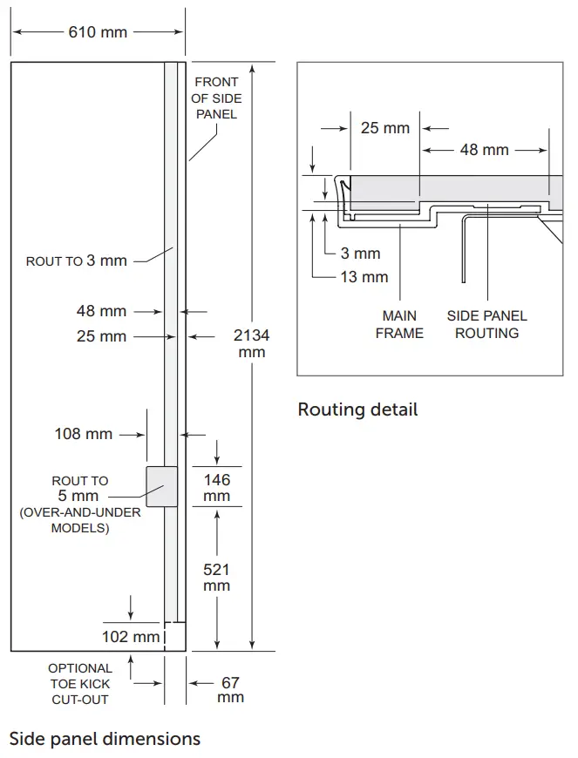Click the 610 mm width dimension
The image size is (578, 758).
click(x=98, y=32)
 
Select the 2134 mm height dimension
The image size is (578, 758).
click(x=251, y=343)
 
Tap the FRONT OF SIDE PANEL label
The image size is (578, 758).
click(x=215, y=98)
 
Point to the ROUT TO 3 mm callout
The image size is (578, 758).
click(x=77, y=261)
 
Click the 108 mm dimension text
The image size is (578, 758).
click(x=84, y=433)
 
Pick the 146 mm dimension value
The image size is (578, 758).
click(x=217, y=487)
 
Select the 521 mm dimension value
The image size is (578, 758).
click(x=217, y=577)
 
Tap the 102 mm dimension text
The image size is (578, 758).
click(x=131, y=636)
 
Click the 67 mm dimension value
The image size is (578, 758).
click(x=230, y=690)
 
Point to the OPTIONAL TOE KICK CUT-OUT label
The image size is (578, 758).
click(x=79, y=684)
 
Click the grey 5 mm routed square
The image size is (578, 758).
click(x=161, y=486)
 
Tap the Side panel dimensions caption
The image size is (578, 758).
click(x=105, y=739)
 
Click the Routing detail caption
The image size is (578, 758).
click(x=357, y=409)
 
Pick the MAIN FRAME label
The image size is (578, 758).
click(x=399, y=324)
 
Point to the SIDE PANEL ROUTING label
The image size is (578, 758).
click(x=486, y=324)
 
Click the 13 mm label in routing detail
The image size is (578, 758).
click(x=364, y=277)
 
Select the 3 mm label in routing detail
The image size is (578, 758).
click(x=360, y=254)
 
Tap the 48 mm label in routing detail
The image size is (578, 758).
click(x=485, y=150)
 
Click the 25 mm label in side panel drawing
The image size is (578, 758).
click(x=101, y=336)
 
